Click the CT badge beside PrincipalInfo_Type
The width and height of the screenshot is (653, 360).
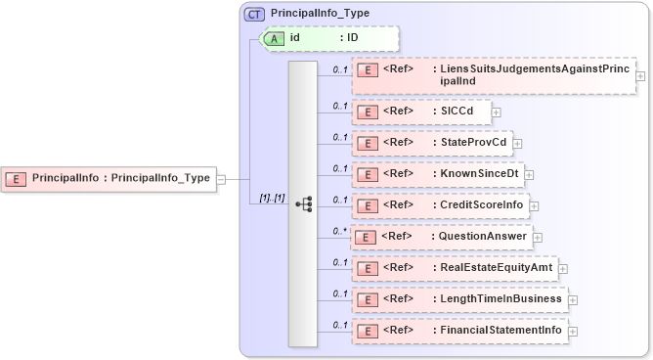(255, 15)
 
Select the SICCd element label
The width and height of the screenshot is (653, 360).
(457, 112)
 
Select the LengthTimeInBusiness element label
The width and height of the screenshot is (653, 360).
(501, 298)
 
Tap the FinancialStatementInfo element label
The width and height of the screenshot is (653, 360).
(501, 330)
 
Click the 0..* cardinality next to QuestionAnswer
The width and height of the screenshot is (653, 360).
(339, 230)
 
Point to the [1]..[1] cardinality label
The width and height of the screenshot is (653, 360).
(272, 199)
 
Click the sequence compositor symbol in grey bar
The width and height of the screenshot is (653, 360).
(303, 204)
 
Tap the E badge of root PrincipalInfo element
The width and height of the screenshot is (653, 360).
(17, 179)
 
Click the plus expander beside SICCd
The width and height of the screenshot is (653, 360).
(496, 112)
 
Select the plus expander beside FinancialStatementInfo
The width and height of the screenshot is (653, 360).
(573, 331)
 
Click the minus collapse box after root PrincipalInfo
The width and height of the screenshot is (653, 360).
(221, 179)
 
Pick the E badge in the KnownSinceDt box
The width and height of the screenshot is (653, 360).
(366, 174)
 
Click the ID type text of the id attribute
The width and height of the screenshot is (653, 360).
(353, 37)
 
